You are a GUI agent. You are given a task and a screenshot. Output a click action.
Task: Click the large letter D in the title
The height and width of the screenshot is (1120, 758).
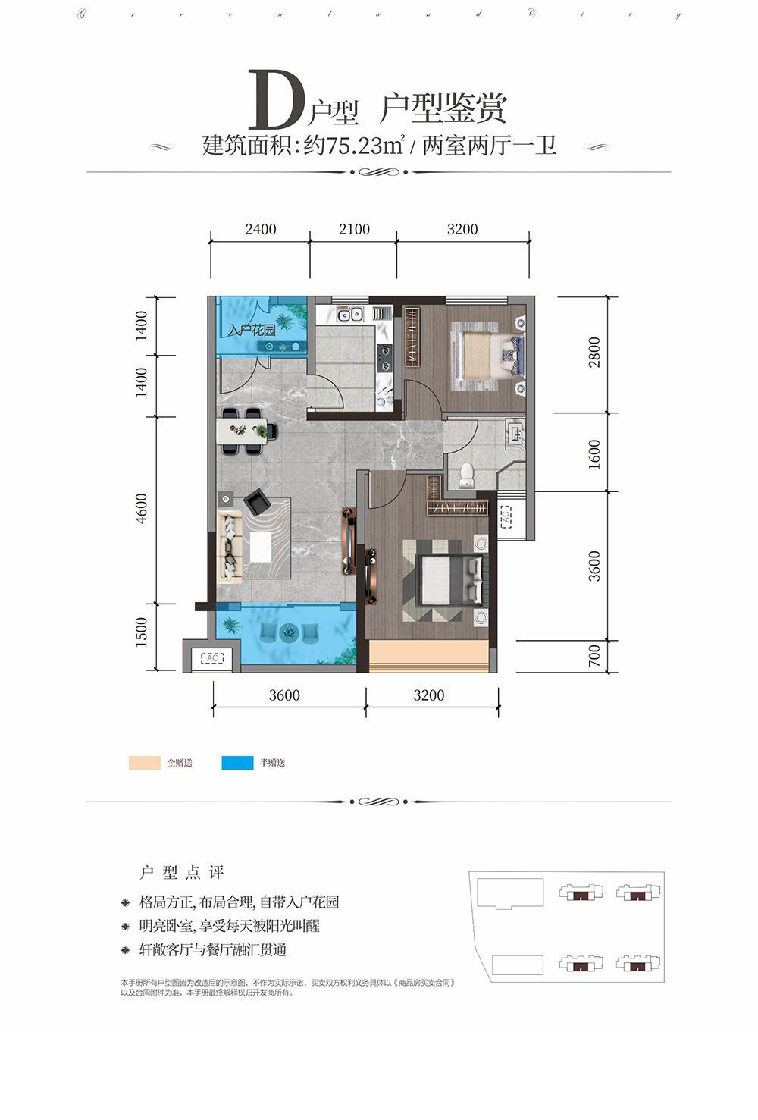click(277, 101)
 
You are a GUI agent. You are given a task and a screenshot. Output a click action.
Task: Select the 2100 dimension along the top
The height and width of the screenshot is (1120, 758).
click(354, 229)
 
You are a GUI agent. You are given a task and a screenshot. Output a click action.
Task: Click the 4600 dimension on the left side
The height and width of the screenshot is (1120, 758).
click(142, 509)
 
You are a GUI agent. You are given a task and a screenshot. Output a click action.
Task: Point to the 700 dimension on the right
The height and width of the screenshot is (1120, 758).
click(594, 656)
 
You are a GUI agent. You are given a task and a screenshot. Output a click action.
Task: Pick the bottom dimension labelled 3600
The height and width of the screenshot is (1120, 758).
click(283, 695)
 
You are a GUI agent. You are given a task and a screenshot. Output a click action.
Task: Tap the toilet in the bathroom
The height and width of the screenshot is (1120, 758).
click(466, 473)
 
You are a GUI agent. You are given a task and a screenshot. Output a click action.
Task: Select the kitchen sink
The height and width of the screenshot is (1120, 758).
click(350, 313)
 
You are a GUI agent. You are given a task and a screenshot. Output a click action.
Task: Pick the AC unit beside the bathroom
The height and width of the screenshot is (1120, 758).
click(506, 519)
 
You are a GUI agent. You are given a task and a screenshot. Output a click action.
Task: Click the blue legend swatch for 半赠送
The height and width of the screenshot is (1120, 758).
click(237, 763)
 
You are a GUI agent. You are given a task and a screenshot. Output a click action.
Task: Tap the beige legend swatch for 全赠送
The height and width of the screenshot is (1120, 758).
click(144, 763)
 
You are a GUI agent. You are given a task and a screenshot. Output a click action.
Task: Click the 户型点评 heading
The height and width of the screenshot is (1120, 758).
click(182, 872)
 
